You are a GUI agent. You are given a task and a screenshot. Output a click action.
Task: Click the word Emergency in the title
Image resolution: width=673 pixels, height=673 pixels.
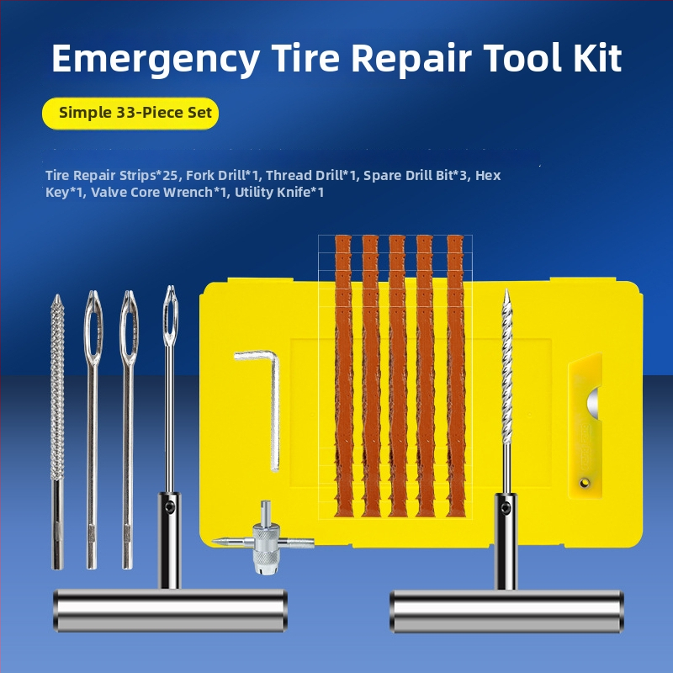[x=156, y=59]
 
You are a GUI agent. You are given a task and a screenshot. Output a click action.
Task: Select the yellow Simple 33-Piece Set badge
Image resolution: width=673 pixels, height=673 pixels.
[x=130, y=114]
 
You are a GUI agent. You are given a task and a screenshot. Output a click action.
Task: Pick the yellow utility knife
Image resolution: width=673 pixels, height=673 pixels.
[x=585, y=426]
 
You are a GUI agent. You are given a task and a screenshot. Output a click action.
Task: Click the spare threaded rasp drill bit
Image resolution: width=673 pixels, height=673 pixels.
[x=57, y=432]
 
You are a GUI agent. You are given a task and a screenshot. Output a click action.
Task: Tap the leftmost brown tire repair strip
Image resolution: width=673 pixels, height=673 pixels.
[x=344, y=375]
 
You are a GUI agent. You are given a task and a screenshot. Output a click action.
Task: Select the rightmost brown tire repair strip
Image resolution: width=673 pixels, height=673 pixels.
[x=455, y=375]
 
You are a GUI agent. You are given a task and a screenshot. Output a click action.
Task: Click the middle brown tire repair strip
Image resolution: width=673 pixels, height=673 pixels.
[x=397, y=375]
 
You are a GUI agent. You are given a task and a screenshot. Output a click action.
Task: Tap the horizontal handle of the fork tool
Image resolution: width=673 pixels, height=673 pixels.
[x=171, y=611]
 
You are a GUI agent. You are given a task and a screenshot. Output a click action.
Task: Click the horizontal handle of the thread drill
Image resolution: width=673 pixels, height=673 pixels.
[x=507, y=612]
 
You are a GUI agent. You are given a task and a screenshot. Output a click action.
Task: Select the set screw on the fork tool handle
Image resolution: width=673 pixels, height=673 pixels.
[x=171, y=508]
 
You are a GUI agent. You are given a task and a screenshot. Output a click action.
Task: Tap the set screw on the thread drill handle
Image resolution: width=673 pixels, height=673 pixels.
[x=506, y=509]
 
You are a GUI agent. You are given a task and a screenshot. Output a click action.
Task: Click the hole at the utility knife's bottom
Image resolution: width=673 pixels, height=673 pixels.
[x=584, y=483]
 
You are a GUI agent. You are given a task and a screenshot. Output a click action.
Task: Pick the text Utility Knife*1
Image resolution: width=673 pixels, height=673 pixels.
[x=279, y=193]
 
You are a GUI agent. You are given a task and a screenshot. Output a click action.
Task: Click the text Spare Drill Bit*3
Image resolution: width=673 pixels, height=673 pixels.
[x=415, y=175]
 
